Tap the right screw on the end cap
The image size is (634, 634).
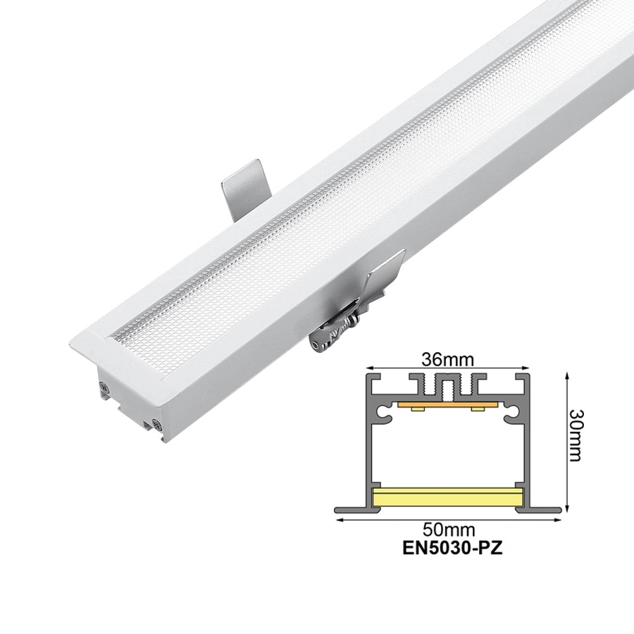click(x=154, y=425)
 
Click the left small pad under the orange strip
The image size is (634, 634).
click(x=417, y=409)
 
